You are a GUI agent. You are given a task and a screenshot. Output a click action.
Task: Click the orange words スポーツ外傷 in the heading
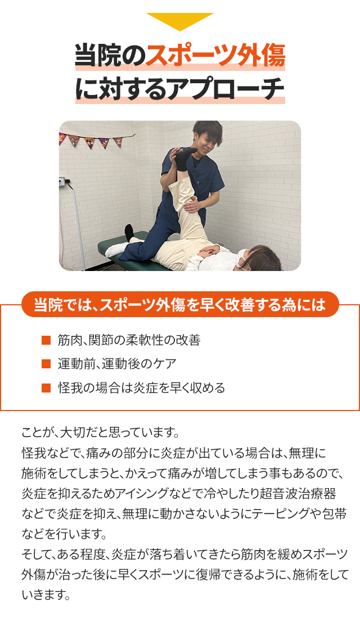click(215, 56)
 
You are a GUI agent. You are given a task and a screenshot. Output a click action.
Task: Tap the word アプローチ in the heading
click(226, 89)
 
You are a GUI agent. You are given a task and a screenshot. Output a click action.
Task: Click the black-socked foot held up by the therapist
click(183, 159)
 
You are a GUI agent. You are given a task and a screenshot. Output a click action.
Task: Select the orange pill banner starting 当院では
click(180, 304)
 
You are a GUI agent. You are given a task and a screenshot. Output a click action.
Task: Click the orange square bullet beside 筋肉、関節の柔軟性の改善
click(46, 340)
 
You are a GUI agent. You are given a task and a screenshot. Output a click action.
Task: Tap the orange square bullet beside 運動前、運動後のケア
click(46, 364)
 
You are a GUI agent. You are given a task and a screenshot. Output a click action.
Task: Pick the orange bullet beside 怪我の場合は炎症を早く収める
click(46, 388)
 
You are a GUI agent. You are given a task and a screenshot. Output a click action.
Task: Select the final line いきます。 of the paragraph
click(46, 594)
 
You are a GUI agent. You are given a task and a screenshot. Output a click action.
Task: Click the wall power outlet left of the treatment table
click(62, 182)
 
